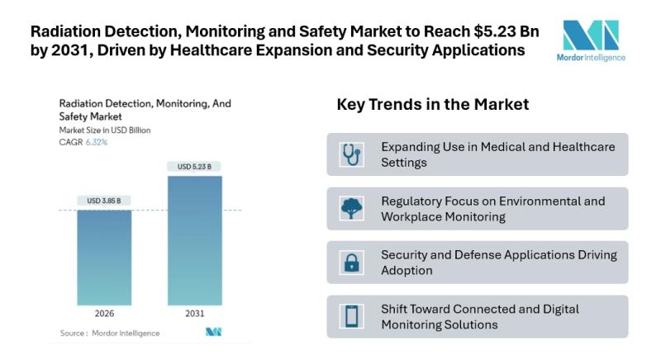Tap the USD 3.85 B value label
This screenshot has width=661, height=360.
coord(104,201)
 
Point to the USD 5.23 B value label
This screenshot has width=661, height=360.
coord(194,167)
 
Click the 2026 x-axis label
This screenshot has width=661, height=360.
coord(104,314)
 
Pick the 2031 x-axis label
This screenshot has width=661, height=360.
coord(194,314)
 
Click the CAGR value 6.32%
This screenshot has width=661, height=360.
coord(96,142)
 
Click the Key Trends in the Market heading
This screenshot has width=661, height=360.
coord(432,105)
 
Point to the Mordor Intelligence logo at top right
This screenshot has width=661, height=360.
coord(592,40)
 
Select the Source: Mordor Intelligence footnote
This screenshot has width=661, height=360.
coord(110,333)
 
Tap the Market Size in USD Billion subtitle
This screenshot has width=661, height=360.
coord(104,130)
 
